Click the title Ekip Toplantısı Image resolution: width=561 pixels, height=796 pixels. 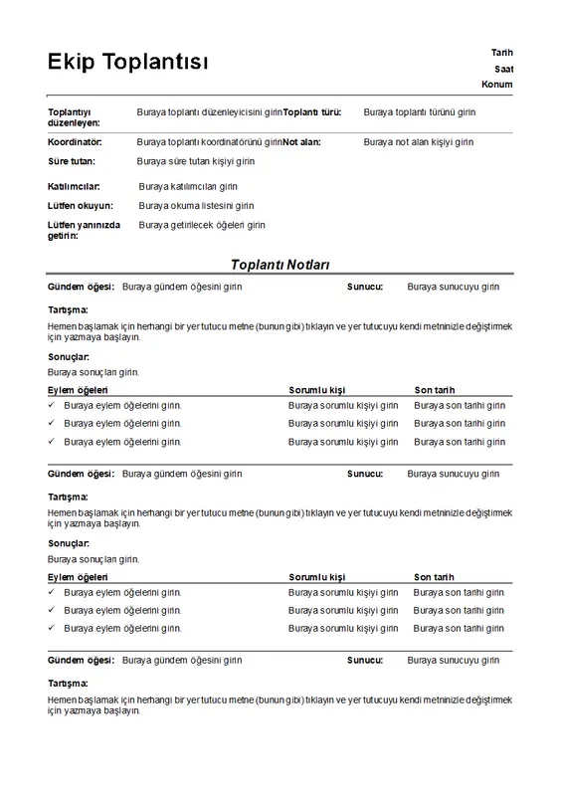(128, 63)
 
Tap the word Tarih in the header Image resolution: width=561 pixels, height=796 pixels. (501, 52)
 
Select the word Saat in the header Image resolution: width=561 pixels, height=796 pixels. (503, 69)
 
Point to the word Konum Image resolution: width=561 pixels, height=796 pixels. (496, 85)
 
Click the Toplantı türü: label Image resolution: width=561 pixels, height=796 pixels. (312, 112)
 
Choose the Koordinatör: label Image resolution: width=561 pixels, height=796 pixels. (75, 142)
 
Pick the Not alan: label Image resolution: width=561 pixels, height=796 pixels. (301, 142)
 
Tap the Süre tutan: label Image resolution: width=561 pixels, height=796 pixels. (72, 160)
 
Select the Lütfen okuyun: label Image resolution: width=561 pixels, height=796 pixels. (81, 206)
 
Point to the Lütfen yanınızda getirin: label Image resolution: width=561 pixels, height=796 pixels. (84, 230)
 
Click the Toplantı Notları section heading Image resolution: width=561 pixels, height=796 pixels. (280, 264)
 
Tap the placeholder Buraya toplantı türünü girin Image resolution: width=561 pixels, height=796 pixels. (419, 112)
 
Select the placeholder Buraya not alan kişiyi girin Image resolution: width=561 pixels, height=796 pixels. (418, 142)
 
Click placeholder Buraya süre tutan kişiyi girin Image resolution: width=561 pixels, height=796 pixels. (196, 160)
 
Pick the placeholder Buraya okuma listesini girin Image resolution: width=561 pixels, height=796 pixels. (196, 206)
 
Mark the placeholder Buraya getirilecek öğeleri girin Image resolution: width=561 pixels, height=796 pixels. (202, 225)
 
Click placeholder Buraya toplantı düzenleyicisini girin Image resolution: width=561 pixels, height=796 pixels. (210, 112)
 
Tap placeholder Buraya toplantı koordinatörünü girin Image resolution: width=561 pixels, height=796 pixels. (209, 142)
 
